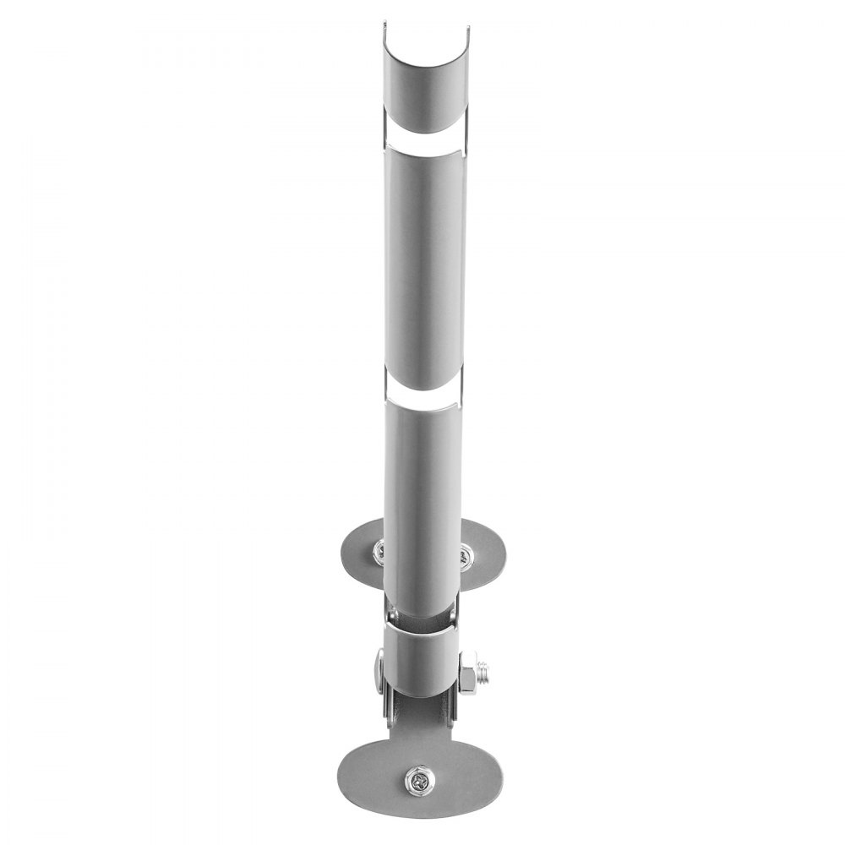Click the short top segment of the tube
pos(422,84)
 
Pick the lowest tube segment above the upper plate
pos(423,490)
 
